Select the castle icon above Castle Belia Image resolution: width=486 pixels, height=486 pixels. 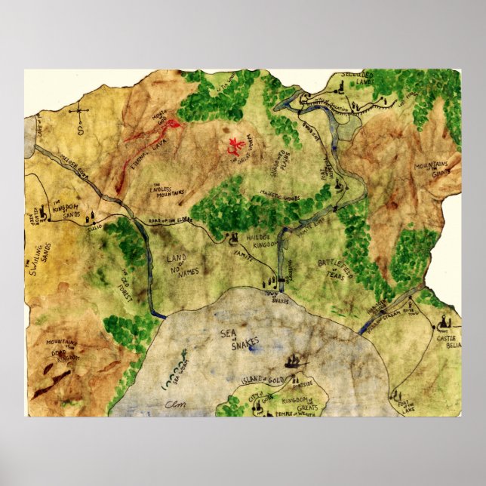click(x=446, y=322)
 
